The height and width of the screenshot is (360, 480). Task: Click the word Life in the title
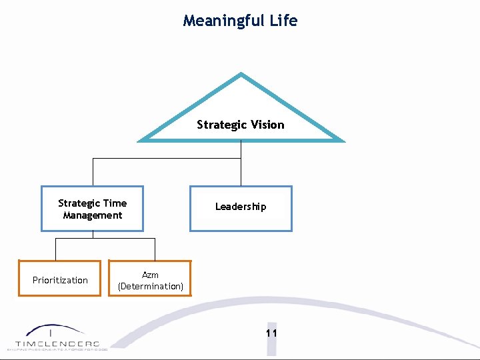click(284, 21)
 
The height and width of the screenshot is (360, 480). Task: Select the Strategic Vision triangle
click(241, 110)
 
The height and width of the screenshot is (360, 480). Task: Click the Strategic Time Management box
click(93, 209)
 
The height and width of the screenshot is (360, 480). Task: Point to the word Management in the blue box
click(93, 215)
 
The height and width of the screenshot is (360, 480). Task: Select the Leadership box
click(241, 208)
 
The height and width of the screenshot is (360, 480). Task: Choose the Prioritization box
click(60, 279)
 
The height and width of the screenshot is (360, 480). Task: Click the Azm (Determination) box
click(150, 279)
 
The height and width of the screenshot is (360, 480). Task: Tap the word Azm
click(150, 275)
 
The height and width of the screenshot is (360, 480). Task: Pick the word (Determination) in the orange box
click(150, 287)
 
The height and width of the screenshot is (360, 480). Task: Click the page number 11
click(271, 333)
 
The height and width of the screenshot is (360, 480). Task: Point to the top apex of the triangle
click(241, 74)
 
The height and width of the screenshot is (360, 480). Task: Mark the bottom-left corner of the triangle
click(139, 141)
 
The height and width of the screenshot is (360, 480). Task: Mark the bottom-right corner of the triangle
click(343, 141)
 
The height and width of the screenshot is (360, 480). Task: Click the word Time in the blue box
click(115, 203)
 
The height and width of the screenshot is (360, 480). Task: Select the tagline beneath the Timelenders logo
click(57, 349)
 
